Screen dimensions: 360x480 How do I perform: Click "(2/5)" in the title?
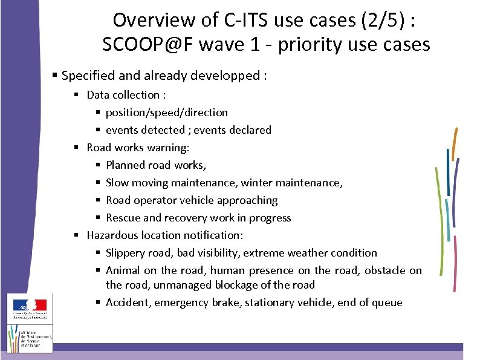click(376, 19)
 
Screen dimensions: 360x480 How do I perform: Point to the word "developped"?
click(228, 76)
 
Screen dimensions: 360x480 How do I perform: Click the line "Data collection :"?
click(126, 94)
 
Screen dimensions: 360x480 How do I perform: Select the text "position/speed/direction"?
click(167, 112)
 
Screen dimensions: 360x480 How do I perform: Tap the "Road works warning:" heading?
click(138, 147)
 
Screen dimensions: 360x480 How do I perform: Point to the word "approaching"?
click(247, 200)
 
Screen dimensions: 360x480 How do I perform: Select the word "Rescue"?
click(123, 217)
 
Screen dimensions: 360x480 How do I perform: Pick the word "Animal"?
click(123, 270)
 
